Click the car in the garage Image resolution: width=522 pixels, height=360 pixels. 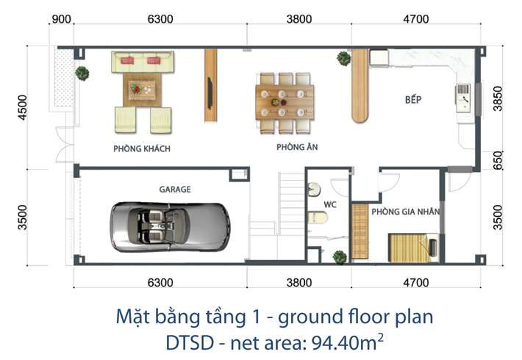click(x=170, y=227)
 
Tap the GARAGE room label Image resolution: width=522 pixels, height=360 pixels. click(x=175, y=190)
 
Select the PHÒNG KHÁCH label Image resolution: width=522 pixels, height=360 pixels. click(x=142, y=148)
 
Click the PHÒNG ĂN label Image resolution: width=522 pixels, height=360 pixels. click(x=297, y=147)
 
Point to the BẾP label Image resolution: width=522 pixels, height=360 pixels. click(x=413, y=99)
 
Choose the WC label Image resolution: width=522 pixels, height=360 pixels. click(x=330, y=204)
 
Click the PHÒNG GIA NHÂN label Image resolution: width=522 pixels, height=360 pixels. click(x=406, y=212)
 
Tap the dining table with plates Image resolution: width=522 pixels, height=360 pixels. click(x=285, y=102)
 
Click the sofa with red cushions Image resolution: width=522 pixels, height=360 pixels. click(x=143, y=62)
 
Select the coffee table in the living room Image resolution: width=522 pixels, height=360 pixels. click(x=142, y=90)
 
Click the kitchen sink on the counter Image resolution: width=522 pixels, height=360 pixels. click(x=463, y=98)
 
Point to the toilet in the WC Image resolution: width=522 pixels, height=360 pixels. click(x=318, y=217)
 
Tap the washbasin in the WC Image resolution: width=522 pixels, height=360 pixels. click(x=314, y=190)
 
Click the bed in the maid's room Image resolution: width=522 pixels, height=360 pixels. click(x=413, y=248)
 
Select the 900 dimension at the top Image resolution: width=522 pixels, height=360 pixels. click(x=62, y=19)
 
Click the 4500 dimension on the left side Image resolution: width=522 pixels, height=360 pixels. click(x=22, y=107)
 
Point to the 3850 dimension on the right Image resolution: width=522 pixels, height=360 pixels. click(x=497, y=98)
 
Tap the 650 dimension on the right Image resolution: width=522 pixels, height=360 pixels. click(x=497, y=160)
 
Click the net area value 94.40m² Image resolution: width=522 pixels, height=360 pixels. click(x=347, y=342)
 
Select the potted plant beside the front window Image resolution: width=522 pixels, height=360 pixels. click(x=82, y=73)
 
